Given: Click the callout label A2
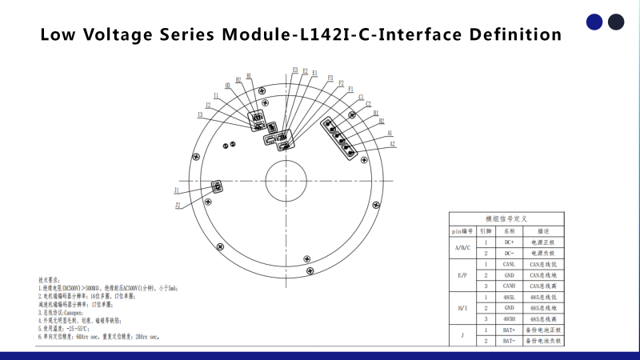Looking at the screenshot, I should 393,145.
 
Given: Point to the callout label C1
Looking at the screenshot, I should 362,97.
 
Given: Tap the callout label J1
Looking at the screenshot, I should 176,190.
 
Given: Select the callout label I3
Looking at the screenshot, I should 200,115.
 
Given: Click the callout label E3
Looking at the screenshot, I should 295,70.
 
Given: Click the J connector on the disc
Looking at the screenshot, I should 216,186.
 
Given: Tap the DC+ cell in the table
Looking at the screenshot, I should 510,242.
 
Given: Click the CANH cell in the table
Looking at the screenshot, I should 510,286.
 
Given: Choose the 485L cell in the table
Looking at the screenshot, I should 510,297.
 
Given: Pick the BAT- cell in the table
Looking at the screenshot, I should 510,341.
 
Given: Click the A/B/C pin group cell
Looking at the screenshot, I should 463,247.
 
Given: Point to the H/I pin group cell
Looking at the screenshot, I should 463,308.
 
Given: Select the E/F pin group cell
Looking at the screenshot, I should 463,274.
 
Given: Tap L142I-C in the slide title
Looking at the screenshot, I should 336,35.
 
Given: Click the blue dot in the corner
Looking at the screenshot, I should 594,22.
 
